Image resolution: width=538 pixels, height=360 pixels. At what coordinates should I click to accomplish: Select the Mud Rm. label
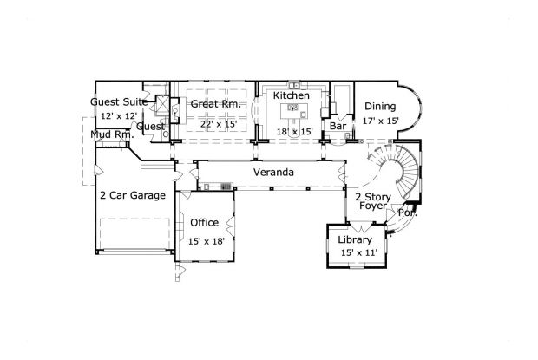[x=111, y=134]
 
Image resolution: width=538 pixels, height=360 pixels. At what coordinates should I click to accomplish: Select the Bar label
[x=338, y=127]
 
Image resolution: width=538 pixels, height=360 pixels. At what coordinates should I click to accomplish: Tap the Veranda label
[x=272, y=173]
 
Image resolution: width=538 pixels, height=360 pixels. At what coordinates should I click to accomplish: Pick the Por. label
[x=407, y=213]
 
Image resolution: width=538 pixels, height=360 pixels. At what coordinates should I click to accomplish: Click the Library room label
[x=355, y=239]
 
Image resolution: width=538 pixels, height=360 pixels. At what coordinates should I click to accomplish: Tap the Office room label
[x=204, y=223]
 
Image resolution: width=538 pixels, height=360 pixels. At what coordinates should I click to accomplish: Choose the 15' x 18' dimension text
[x=207, y=241]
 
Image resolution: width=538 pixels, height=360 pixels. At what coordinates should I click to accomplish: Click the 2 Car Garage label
[x=132, y=196]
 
